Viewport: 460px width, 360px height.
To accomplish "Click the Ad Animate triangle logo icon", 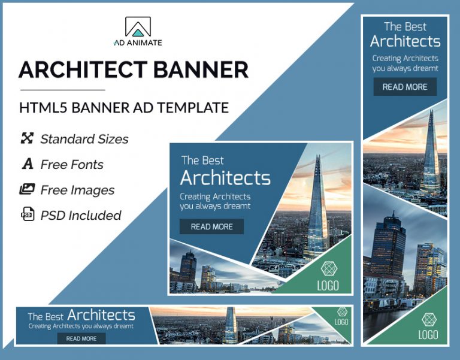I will click(138, 28).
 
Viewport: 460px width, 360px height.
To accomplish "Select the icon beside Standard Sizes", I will click(27, 139).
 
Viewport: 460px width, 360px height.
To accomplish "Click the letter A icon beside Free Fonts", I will click(28, 164).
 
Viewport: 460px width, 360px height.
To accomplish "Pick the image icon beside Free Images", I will click(27, 190).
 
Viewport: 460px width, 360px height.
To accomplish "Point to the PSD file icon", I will click(28, 215).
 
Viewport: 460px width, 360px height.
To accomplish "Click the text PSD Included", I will click(80, 215).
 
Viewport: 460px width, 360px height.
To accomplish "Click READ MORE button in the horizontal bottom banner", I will click(81, 338).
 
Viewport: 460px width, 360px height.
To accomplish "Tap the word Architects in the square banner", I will click(225, 178).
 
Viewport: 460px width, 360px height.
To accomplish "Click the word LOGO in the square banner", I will click(329, 285).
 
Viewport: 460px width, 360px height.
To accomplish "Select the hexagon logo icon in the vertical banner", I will click(428, 319).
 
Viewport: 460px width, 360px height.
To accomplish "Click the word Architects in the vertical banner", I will click(405, 41).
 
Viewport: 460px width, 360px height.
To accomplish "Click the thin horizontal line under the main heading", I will click(62, 90).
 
